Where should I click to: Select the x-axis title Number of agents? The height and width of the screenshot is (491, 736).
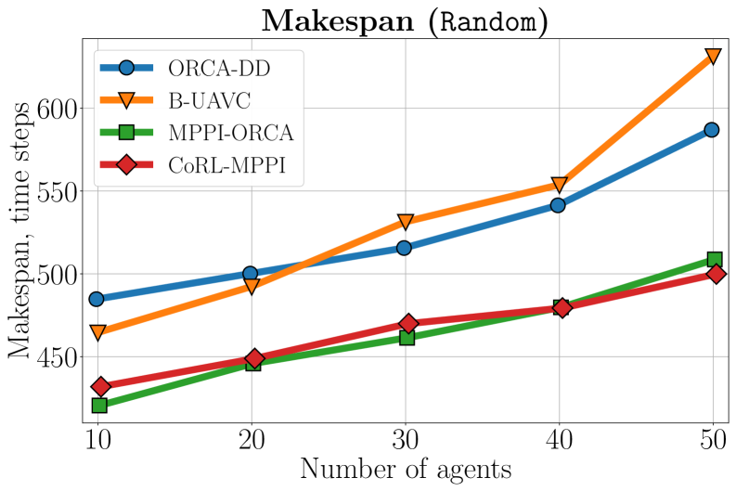405,471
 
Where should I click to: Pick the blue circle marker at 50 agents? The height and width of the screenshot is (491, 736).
711,130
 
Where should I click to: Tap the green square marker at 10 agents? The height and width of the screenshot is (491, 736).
98,406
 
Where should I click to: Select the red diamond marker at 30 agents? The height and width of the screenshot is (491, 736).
407,324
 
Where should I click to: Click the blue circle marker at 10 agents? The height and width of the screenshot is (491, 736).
97,299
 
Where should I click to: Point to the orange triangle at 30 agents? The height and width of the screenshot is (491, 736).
406,223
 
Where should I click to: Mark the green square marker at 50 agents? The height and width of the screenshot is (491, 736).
714,260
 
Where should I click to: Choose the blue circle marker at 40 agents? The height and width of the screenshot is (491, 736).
558,205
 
